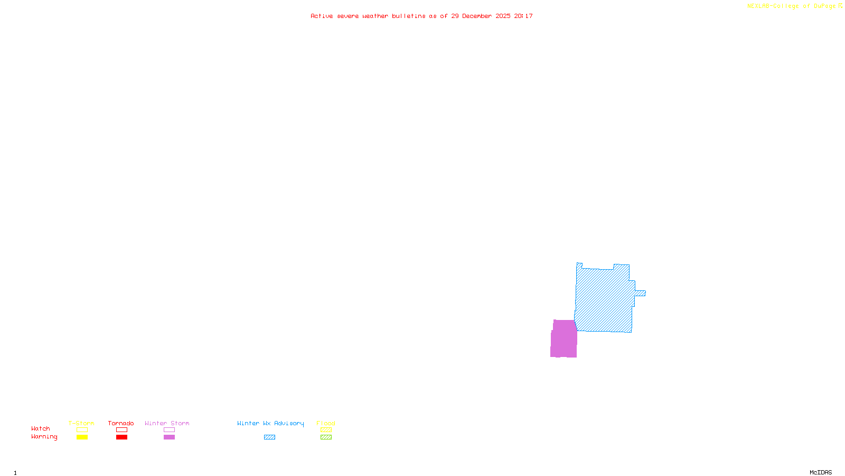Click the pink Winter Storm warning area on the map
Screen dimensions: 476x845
pyautogui.click(x=564, y=338)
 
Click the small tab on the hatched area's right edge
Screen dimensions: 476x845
pyautogui.click(x=640, y=293)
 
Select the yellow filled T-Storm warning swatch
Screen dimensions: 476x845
pyautogui.click(x=82, y=437)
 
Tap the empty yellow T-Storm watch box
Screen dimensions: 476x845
pyautogui.click(x=82, y=430)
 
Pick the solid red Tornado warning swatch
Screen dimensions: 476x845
pyautogui.click(x=121, y=437)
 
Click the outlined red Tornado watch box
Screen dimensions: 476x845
pyautogui.click(x=121, y=430)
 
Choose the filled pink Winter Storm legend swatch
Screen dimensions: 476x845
pyautogui.click(x=169, y=437)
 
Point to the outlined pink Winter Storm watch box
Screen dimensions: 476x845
pyautogui.click(x=169, y=430)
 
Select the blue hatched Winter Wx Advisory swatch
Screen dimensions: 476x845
pyautogui.click(x=269, y=437)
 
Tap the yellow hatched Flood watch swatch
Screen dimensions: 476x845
pyautogui.click(x=326, y=430)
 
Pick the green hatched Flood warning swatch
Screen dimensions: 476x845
pyautogui.click(x=326, y=437)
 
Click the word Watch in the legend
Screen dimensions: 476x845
pyautogui.click(x=41, y=429)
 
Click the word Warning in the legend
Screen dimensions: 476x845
pyautogui.click(x=44, y=437)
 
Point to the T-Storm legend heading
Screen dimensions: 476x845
pyautogui.click(x=81, y=423)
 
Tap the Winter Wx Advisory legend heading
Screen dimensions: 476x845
pyautogui.click(x=270, y=423)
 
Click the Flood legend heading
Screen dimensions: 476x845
pyautogui.click(x=326, y=423)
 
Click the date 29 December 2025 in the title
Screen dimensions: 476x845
pyautogui.click(x=481, y=16)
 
